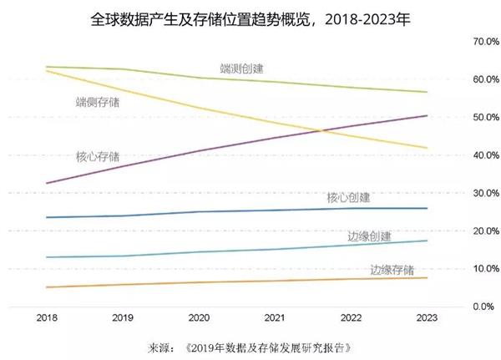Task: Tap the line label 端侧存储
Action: point(97,103)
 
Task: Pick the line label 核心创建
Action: point(348,198)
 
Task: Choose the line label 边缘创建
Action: point(369,236)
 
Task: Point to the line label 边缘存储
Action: point(392,269)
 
